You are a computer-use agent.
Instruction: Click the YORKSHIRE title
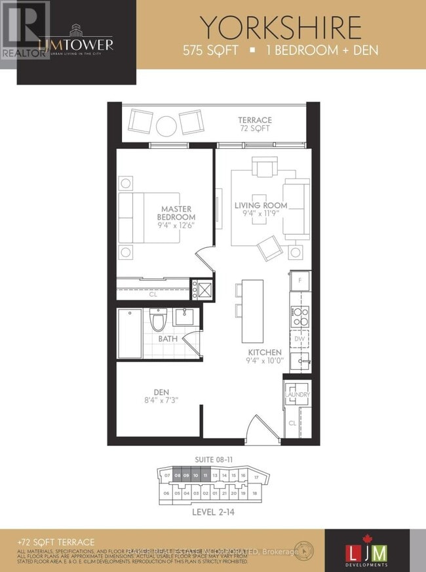pos(281,28)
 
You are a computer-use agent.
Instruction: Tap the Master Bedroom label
pos(178,213)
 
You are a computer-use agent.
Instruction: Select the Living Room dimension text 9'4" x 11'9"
pos(256,214)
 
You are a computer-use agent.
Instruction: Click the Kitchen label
pos(265,352)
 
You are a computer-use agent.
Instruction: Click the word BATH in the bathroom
pos(168,339)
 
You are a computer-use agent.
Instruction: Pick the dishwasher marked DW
pos(299,338)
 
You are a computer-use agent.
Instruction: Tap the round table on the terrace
pos(165,123)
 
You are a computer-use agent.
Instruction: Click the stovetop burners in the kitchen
pos(300,316)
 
